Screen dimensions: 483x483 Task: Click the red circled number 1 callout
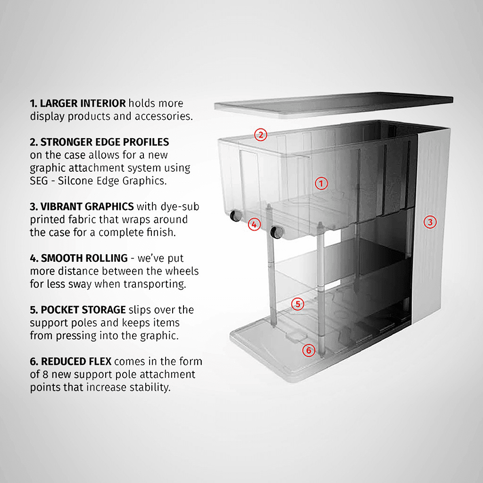(x=321, y=183)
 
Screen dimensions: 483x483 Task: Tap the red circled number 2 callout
(x=260, y=134)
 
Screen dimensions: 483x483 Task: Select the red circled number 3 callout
(x=429, y=222)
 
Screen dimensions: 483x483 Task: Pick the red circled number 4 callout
(x=254, y=225)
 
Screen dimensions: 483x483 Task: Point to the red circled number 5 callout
(x=297, y=304)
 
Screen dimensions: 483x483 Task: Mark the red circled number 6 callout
(x=308, y=350)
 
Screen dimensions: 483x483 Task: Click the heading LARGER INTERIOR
(x=83, y=103)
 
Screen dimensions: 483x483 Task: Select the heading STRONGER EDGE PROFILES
(x=104, y=142)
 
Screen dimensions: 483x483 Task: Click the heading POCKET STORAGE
(x=83, y=310)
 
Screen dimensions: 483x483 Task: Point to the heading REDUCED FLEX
(x=76, y=362)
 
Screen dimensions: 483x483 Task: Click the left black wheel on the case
(x=234, y=217)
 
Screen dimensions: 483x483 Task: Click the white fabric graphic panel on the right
(x=432, y=255)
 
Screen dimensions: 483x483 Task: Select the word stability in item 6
(x=149, y=388)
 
